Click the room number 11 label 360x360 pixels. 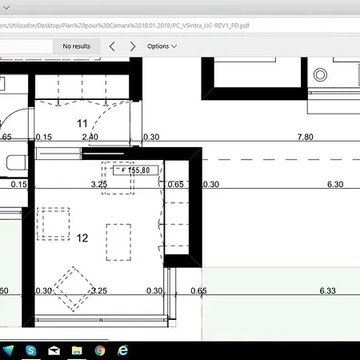pos(82,123)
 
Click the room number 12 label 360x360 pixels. pos(82,238)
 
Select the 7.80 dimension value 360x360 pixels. pos(305,138)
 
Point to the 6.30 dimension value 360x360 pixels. pos(335,185)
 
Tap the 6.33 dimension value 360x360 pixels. pos(328,290)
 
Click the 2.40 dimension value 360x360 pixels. pos(90,138)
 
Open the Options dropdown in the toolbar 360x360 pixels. pos(162,46)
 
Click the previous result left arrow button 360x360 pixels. pos(113,46)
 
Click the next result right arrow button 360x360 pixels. pos(133,46)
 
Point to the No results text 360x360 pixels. pos(76,46)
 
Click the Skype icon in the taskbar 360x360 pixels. pos(30,350)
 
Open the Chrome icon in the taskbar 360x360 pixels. pos(100,350)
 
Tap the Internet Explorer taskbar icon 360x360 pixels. pos(123,350)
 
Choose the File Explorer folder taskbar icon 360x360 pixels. pos(77,350)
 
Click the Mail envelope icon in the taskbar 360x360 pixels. pos(54,350)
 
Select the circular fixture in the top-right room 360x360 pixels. pos(321,74)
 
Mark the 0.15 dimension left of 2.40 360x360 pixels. pos(43,138)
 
